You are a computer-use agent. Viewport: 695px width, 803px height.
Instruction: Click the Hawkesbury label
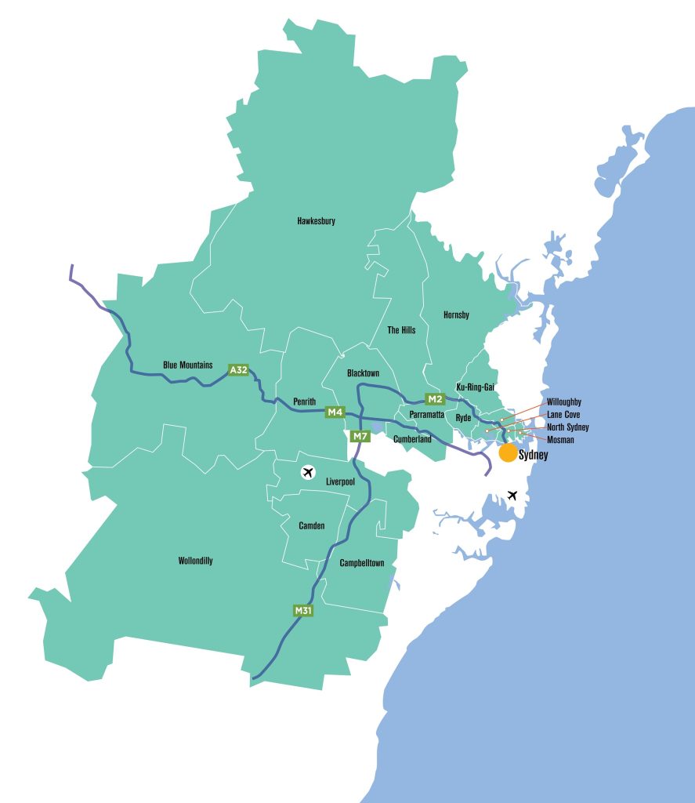[x=316, y=221]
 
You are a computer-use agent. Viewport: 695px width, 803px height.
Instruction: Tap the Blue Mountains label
[x=187, y=365]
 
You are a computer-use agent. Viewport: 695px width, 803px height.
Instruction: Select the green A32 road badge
[x=238, y=370]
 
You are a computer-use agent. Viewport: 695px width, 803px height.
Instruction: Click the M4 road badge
[x=335, y=412]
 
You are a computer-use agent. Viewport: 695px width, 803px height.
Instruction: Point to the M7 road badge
[x=360, y=436]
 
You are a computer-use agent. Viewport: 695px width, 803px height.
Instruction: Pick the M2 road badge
[x=435, y=398]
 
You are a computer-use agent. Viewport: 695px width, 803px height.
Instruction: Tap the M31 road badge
[x=303, y=610]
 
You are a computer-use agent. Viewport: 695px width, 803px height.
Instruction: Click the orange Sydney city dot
[x=508, y=452]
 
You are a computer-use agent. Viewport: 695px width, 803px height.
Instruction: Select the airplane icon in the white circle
[x=308, y=472]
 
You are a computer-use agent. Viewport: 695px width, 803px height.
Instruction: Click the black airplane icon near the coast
[x=512, y=496]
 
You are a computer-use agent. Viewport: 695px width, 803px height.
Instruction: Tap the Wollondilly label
[x=195, y=561]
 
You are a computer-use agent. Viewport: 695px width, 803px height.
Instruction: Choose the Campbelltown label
[x=362, y=563]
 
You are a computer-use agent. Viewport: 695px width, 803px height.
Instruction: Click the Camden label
[x=312, y=525]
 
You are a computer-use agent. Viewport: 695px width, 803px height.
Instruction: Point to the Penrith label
[x=304, y=401]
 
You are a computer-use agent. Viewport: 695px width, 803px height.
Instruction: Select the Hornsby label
[x=456, y=315]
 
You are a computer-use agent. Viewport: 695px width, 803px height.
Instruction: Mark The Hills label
[x=401, y=330]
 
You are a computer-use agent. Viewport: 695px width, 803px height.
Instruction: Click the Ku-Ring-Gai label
[x=475, y=387]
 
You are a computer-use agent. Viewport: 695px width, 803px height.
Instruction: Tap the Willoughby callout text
[x=564, y=401]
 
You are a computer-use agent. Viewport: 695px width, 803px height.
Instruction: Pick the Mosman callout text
[x=560, y=440]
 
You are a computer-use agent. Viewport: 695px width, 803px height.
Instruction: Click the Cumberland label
[x=412, y=439]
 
